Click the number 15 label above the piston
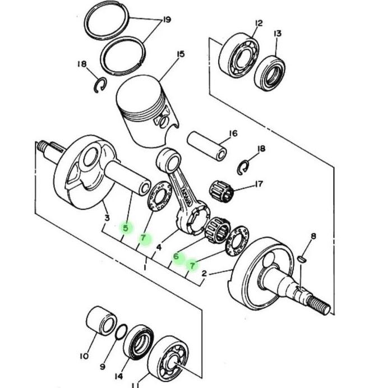(x=181, y=54)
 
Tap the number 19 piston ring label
(x=167, y=20)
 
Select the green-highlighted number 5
(x=126, y=228)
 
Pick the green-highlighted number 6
(x=176, y=256)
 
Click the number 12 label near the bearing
(x=258, y=23)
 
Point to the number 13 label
(x=278, y=34)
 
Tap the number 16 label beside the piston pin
(x=233, y=133)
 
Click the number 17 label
(x=259, y=184)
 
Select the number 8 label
(x=313, y=236)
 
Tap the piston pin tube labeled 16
(x=207, y=146)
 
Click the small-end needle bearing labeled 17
(x=222, y=192)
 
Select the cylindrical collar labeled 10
(x=101, y=321)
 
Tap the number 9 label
(x=103, y=367)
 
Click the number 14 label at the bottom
(x=119, y=376)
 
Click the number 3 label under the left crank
(x=107, y=219)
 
